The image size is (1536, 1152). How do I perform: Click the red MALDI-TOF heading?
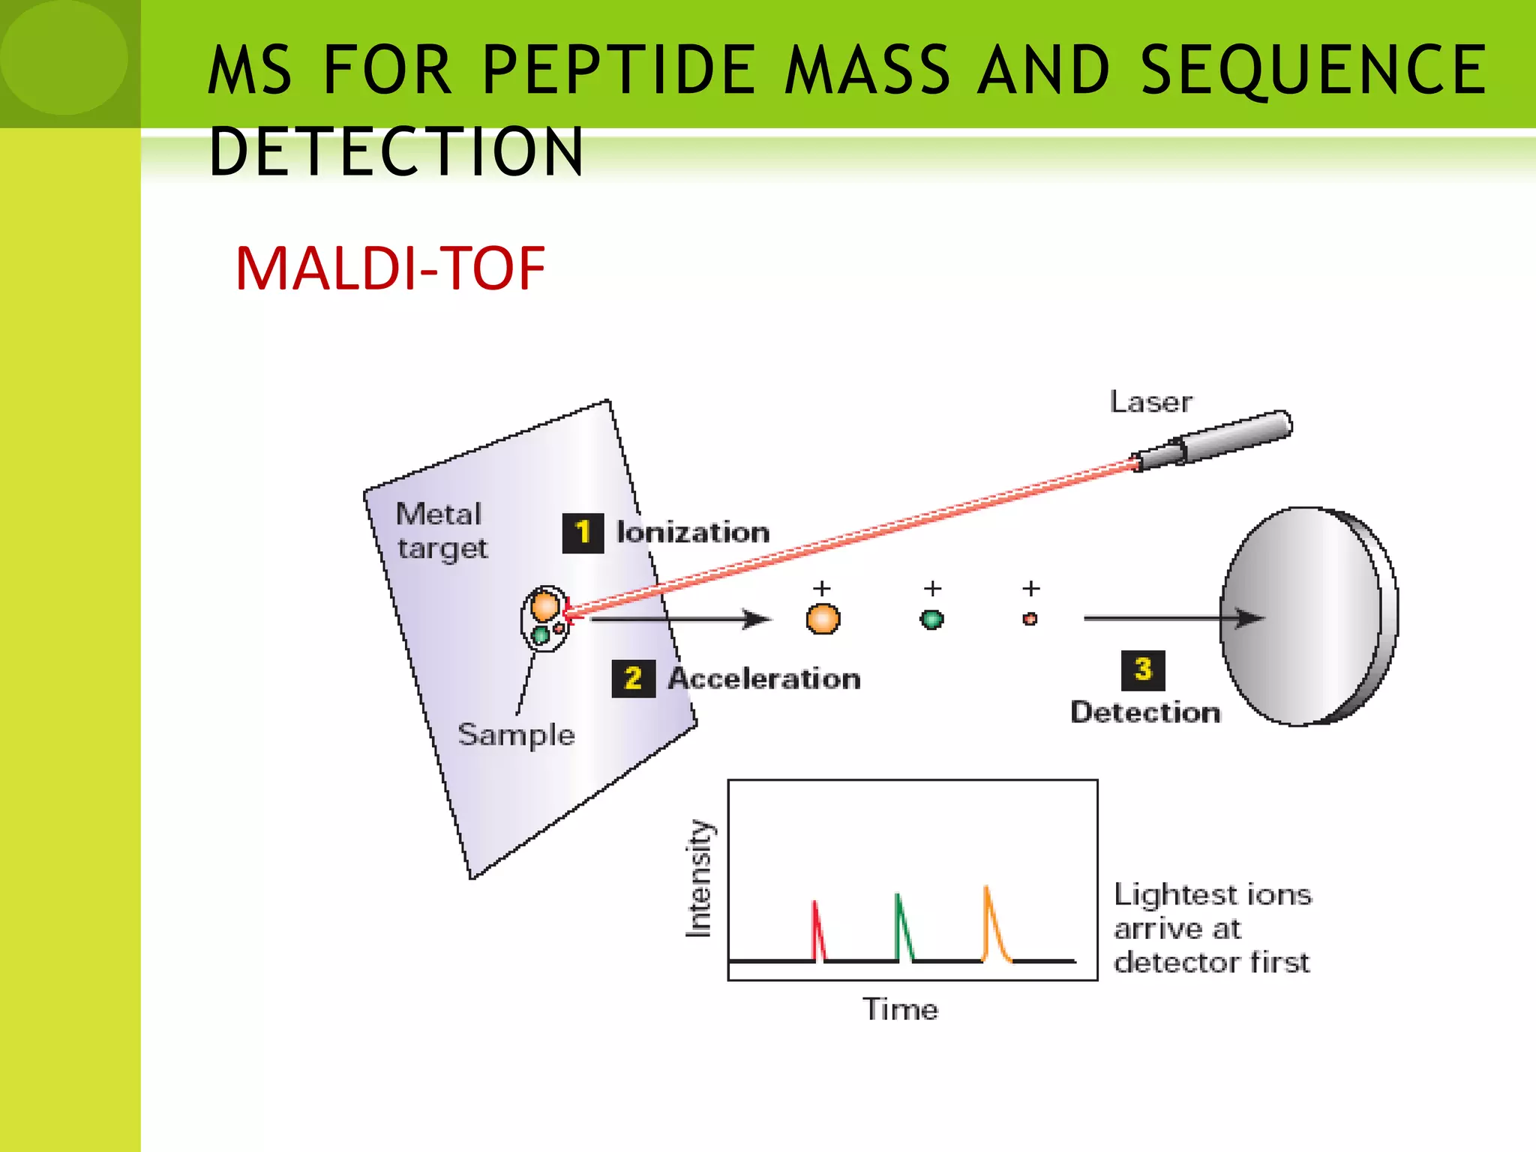tap(390, 268)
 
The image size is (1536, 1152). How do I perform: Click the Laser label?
tap(1150, 403)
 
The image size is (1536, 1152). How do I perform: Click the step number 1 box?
tap(583, 533)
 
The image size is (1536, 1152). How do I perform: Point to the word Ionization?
tap(693, 532)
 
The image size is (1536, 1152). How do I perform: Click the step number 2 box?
tap(633, 679)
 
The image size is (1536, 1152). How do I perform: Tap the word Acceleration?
tap(764, 679)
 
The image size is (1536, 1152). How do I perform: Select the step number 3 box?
tap(1142, 670)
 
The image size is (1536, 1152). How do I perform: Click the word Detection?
tap(1145, 712)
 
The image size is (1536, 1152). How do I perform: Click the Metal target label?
tap(441, 531)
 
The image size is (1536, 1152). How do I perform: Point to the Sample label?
tap(516, 734)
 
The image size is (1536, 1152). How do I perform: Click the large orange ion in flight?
tap(823, 619)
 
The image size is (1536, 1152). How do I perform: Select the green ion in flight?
tap(931, 619)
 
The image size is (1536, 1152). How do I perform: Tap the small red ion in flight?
tap(1030, 619)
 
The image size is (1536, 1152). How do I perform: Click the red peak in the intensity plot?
tap(818, 930)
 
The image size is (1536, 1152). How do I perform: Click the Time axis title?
tap(900, 1009)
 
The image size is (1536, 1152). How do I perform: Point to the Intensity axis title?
tap(698, 878)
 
